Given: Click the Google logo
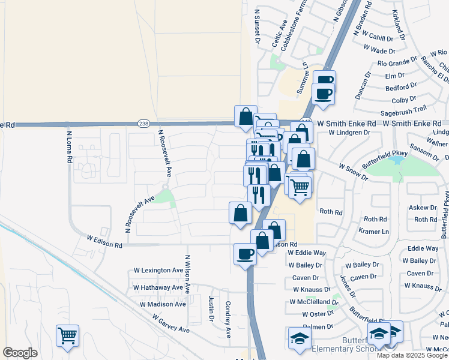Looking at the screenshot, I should pos(20,353).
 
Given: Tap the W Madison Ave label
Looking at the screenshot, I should pos(163,304).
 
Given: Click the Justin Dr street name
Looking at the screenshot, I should pos(211,308).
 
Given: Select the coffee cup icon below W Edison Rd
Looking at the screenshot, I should pos(245,254).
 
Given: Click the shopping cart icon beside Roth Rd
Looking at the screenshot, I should pos(300,187).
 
